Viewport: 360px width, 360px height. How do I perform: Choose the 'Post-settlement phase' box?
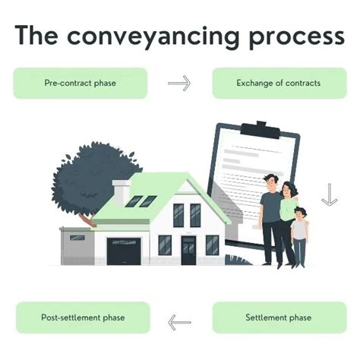[82, 317]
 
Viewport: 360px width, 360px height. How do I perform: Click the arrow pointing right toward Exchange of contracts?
[179, 83]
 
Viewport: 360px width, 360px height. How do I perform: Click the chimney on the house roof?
[121, 193]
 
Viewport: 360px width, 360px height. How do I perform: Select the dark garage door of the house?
[124, 251]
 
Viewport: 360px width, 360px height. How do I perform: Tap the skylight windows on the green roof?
[141, 201]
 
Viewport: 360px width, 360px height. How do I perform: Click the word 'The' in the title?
[39, 36]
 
